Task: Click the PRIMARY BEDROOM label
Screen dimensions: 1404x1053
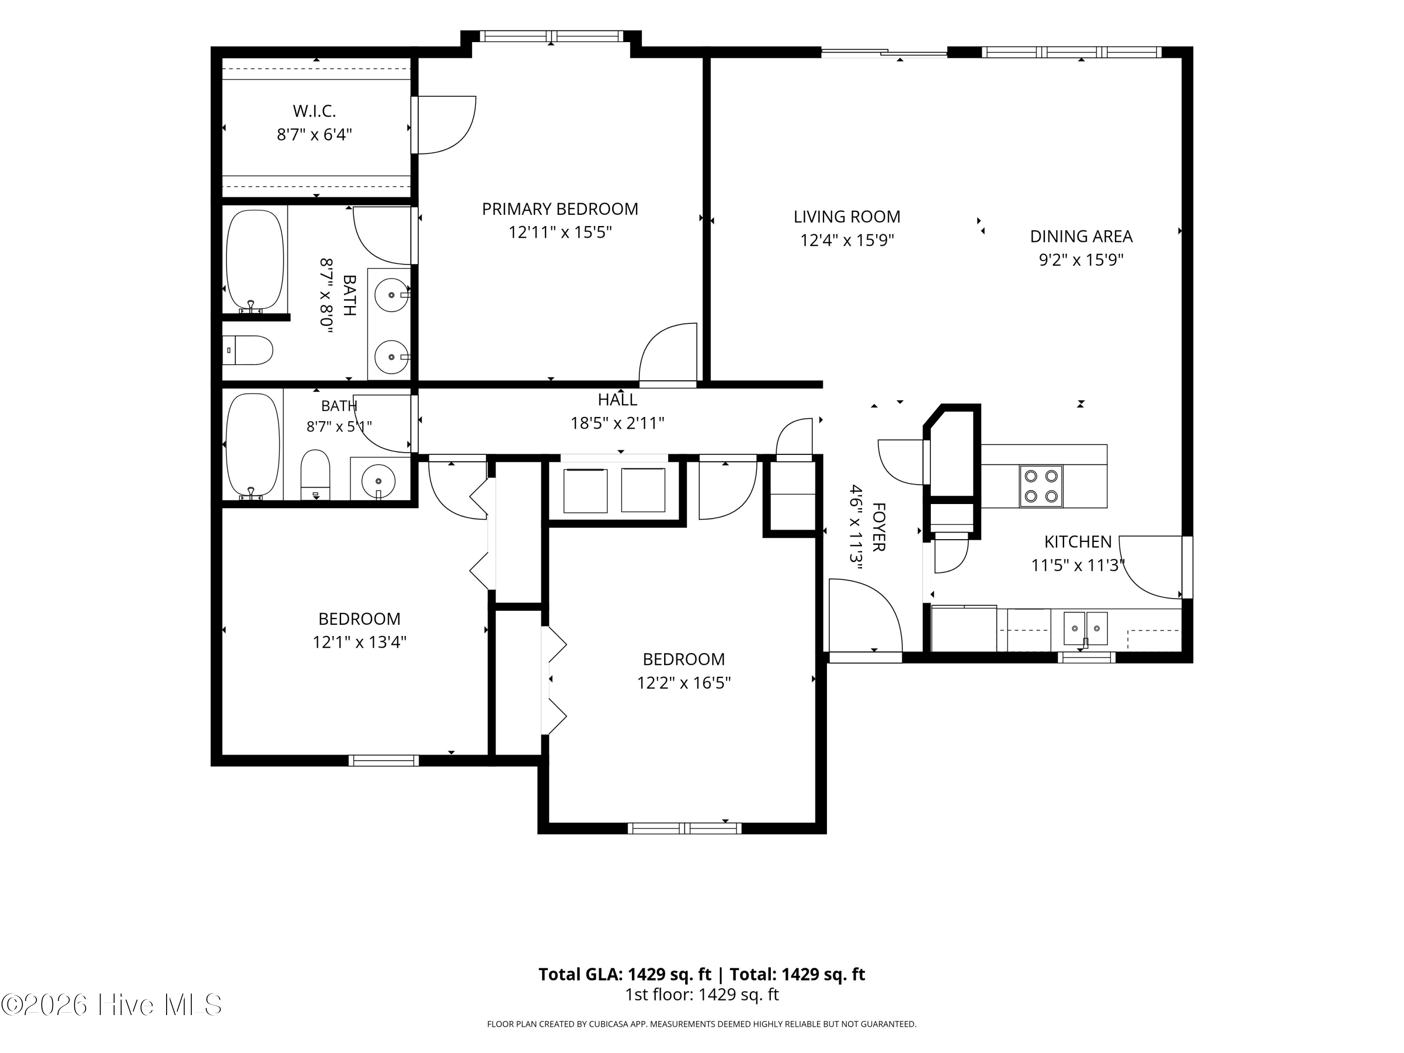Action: (x=560, y=209)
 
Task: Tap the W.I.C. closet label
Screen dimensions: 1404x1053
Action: (x=314, y=111)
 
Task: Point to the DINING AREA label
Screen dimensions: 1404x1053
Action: (x=1081, y=236)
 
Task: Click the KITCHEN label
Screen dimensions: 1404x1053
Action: (x=1078, y=541)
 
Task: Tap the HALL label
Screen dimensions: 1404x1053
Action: (x=618, y=399)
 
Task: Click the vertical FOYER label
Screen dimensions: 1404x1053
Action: (x=878, y=527)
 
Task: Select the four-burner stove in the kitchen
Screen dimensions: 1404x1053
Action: (x=1041, y=486)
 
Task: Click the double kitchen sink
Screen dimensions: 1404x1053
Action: (x=1085, y=629)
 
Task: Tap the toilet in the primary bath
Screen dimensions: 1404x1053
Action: (x=248, y=351)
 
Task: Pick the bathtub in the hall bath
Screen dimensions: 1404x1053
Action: (x=253, y=446)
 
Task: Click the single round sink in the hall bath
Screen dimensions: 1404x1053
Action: (x=378, y=481)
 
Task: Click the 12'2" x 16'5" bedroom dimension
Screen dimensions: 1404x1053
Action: (x=684, y=682)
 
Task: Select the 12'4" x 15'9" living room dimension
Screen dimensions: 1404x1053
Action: (x=847, y=240)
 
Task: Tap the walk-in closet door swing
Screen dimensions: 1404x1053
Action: (x=444, y=124)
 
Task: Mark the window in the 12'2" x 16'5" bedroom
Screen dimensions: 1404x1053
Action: (x=684, y=828)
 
